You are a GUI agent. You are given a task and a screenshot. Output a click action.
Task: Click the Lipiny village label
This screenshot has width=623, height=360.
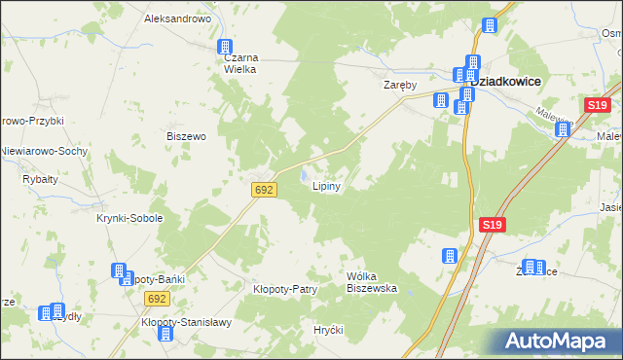click(x=325, y=188)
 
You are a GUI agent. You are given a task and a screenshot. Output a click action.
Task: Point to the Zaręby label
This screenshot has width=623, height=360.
click(x=399, y=85)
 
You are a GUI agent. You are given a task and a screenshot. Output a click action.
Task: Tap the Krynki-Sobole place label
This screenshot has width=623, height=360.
click(x=129, y=219)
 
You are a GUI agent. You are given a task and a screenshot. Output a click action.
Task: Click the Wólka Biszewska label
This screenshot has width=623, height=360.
click(x=372, y=282)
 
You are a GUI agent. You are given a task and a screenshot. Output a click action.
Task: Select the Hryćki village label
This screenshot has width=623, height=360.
click(x=329, y=330)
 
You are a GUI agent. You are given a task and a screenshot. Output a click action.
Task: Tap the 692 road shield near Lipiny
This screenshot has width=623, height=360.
click(x=263, y=191)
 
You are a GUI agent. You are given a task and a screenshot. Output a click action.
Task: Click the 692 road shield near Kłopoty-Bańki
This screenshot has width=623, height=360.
click(x=157, y=301)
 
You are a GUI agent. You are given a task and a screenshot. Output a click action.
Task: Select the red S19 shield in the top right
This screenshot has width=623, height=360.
click(x=598, y=105)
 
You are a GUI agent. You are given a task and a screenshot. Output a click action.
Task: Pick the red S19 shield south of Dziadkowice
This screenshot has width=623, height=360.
click(x=493, y=226)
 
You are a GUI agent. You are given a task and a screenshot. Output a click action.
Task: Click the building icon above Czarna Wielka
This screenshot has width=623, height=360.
click(x=225, y=46)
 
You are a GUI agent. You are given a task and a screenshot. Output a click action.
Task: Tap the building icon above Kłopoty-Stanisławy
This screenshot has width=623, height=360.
click(x=165, y=334)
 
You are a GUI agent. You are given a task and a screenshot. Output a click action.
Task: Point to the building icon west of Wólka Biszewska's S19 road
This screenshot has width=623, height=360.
click(x=450, y=256)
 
